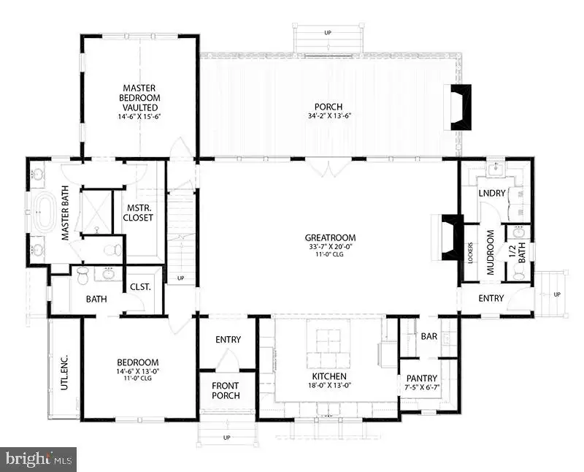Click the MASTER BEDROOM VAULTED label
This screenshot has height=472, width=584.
(139, 98)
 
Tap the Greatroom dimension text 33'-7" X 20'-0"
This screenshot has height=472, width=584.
(331, 246)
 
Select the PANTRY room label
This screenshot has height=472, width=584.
(422, 378)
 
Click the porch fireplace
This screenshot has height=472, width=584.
(461, 107)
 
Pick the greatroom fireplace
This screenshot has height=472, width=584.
(452, 237)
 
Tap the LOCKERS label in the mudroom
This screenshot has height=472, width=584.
(471, 254)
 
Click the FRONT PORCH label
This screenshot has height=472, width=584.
(226, 391)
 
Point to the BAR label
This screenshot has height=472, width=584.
(429, 336)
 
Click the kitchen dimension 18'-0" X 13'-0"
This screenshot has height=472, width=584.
(330, 386)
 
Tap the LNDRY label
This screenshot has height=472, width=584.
(492, 193)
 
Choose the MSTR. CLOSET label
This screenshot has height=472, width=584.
(138, 213)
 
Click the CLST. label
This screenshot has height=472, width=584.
(140, 287)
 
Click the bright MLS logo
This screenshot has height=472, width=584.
(39, 459)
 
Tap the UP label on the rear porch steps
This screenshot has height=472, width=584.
(328, 33)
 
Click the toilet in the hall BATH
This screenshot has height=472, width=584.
(82, 276)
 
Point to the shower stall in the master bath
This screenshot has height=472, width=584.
(96, 212)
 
